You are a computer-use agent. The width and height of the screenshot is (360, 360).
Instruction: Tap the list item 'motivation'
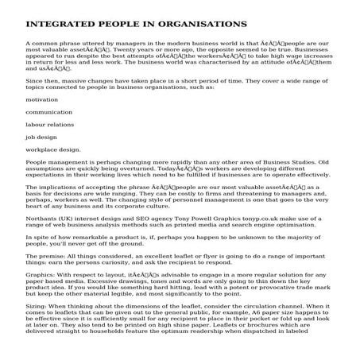(42, 99)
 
